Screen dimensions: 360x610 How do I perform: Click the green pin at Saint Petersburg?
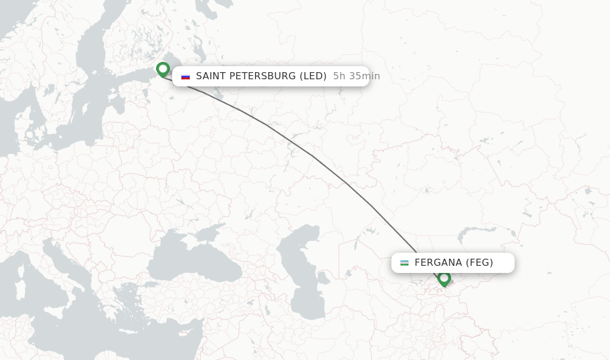point(163,69)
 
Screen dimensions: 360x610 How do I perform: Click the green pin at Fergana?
point(444,278)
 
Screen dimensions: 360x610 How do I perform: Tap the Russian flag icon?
point(185,76)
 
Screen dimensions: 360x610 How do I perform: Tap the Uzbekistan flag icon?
point(404,263)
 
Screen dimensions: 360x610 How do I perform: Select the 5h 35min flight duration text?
point(356,76)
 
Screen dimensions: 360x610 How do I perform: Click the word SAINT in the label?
point(213,76)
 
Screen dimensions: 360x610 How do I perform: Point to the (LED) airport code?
point(313,76)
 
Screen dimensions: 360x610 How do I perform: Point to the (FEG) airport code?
point(480,263)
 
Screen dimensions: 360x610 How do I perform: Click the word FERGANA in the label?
point(438,263)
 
